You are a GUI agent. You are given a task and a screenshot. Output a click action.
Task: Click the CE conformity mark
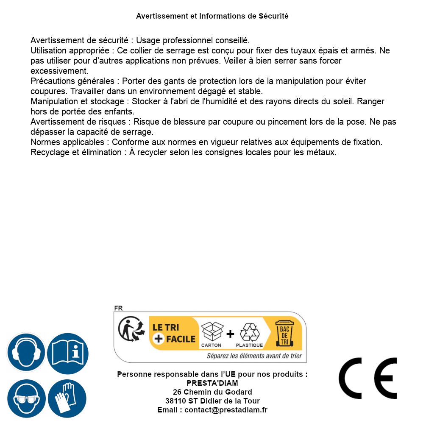368,378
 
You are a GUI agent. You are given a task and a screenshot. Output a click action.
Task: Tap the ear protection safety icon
26,353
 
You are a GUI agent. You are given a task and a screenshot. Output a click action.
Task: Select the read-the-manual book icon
68,353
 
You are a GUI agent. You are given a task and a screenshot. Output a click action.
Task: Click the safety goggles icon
26,398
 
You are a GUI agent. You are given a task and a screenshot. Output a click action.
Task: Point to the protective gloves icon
67,398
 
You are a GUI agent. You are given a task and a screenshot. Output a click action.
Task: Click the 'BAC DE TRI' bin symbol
284,333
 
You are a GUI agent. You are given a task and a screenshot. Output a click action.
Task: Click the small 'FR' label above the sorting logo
118,309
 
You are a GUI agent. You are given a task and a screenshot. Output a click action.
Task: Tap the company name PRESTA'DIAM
212,383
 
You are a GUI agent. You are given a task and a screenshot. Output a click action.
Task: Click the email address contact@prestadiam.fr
226,410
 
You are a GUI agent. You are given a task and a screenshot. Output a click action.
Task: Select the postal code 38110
176,401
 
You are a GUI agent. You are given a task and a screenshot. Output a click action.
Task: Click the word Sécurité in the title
273,16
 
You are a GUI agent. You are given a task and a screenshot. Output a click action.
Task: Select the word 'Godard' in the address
239,392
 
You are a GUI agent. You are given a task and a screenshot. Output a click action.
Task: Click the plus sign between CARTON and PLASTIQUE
230,334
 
